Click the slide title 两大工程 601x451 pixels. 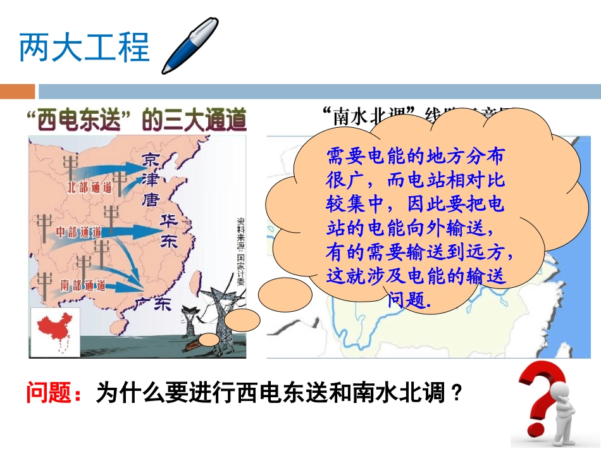click(x=84, y=48)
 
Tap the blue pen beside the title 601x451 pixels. click(x=189, y=46)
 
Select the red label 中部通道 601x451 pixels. click(x=79, y=232)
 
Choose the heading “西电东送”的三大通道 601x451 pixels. click(x=135, y=120)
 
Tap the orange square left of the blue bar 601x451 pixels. click(x=17, y=92)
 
